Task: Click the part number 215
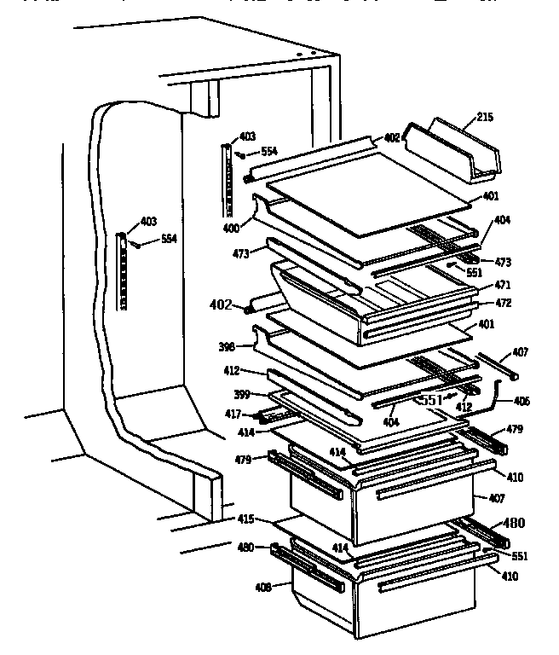484,117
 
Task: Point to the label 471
504,286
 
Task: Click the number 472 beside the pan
504,303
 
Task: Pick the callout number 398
226,347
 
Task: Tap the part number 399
242,395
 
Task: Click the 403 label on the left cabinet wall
148,222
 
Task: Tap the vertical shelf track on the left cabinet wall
123,271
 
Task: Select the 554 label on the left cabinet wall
168,239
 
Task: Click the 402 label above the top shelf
392,137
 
